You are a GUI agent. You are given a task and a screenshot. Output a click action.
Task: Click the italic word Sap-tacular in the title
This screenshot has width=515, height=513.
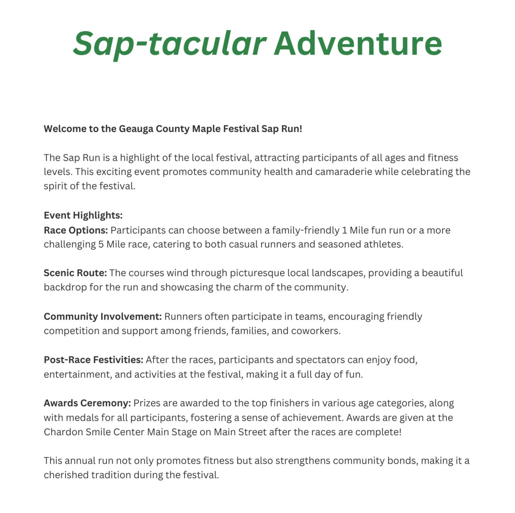point(169,44)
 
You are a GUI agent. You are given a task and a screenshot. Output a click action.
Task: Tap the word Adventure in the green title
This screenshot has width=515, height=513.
point(358,44)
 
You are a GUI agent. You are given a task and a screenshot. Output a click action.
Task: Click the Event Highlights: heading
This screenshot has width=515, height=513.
point(83,215)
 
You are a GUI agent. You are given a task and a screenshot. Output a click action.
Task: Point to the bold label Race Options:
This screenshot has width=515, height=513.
point(76,230)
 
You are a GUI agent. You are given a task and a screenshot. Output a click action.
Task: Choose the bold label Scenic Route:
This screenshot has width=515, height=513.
point(75,273)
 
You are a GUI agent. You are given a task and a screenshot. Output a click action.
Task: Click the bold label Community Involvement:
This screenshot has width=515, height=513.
point(103,317)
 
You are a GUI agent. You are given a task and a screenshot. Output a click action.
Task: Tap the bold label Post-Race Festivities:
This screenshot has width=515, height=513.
point(93,360)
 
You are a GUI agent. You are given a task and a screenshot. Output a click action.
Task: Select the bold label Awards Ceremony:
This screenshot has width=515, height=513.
point(87,403)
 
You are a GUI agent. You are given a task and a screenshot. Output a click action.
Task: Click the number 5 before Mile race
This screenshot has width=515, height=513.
point(101,244)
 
